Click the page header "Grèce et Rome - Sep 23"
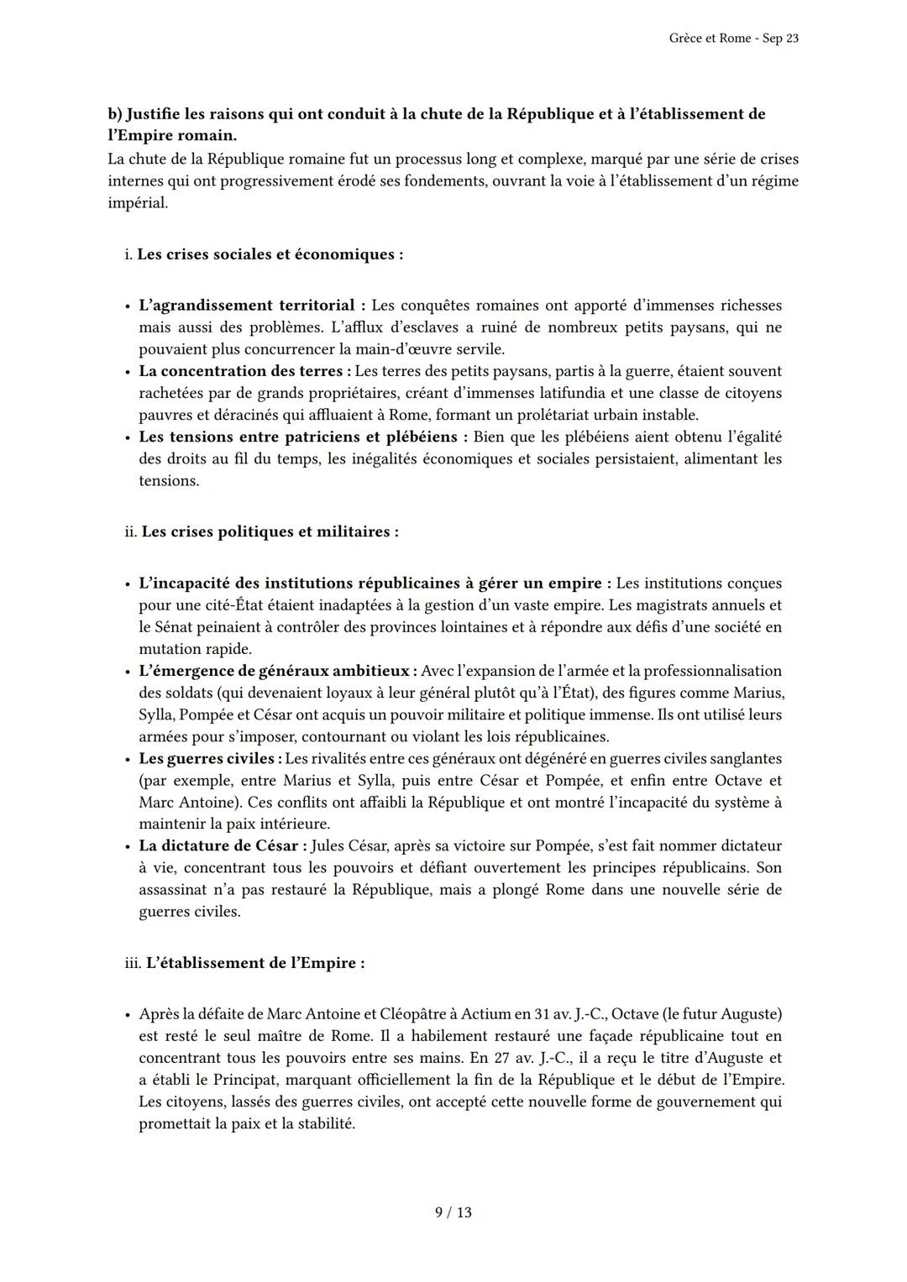(734, 39)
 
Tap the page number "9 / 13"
(453, 1212)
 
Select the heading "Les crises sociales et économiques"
(269, 254)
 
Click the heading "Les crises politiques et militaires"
(269, 531)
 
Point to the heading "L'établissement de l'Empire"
(254, 963)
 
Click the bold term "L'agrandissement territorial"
(246, 306)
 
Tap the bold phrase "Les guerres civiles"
(207, 759)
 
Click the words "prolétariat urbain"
(587, 415)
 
